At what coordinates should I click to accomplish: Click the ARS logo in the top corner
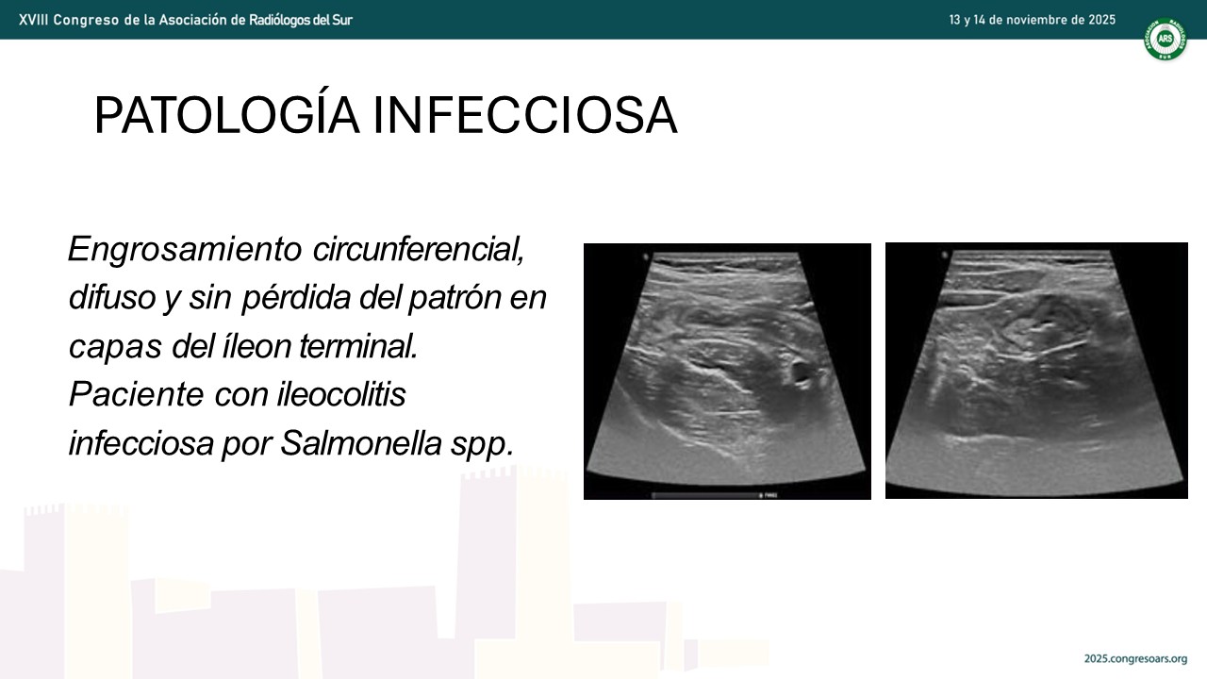pyautogui.click(x=1165, y=39)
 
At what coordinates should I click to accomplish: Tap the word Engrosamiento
pyautogui.click(x=185, y=250)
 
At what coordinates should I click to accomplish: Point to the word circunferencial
pyautogui.click(x=419, y=250)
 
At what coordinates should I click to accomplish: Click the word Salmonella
pyautogui.click(x=361, y=443)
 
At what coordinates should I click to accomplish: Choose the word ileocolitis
pyautogui.click(x=341, y=394)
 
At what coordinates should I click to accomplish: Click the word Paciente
pyautogui.click(x=137, y=394)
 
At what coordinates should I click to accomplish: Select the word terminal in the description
pyautogui.click(x=359, y=346)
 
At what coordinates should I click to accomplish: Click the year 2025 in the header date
pyautogui.click(x=1101, y=20)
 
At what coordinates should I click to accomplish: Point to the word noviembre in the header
pyautogui.click(x=1033, y=20)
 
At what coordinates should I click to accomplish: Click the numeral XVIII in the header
pyautogui.click(x=33, y=20)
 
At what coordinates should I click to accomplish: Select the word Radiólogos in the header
pyautogui.click(x=275, y=21)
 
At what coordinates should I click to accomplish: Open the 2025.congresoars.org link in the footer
pyautogui.click(x=1135, y=658)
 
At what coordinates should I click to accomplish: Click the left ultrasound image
pyautogui.click(x=727, y=372)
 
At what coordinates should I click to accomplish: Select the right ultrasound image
pyautogui.click(x=1036, y=371)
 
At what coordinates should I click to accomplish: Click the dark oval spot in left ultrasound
pyautogui.click(x=801, y=372)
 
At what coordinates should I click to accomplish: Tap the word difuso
pyautogui.click(x=112, y=297)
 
